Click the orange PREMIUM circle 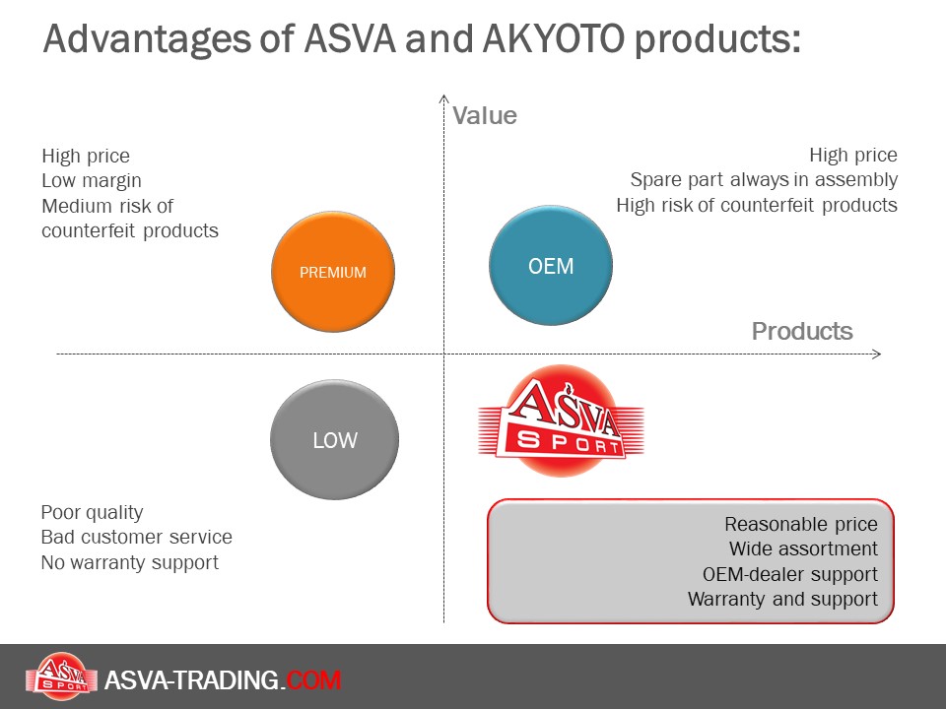[x=333, y=272]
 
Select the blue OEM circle [x=551, y=265]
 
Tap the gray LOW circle [x=335, y=439]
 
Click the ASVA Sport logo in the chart [x=561, y=420]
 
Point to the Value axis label [x=485, y=115]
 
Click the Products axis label [x=802, y=331]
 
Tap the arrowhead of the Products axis [x=877, y=354]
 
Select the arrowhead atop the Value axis [x=444, y=98]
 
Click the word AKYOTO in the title [x=553, y=38]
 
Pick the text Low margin [x=92, y=181]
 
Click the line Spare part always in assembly [x=764, y=179]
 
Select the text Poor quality [x=92, y=512]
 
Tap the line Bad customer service [x=136, y=537]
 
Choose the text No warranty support [x=130, y=562]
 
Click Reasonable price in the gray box [x=800, y=525]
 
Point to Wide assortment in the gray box [x=803, y=548]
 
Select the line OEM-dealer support [x=789, y=574]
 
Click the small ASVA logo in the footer [x=61, y=677]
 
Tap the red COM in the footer [x=313, y=680]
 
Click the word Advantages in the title [x=147, y=39]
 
